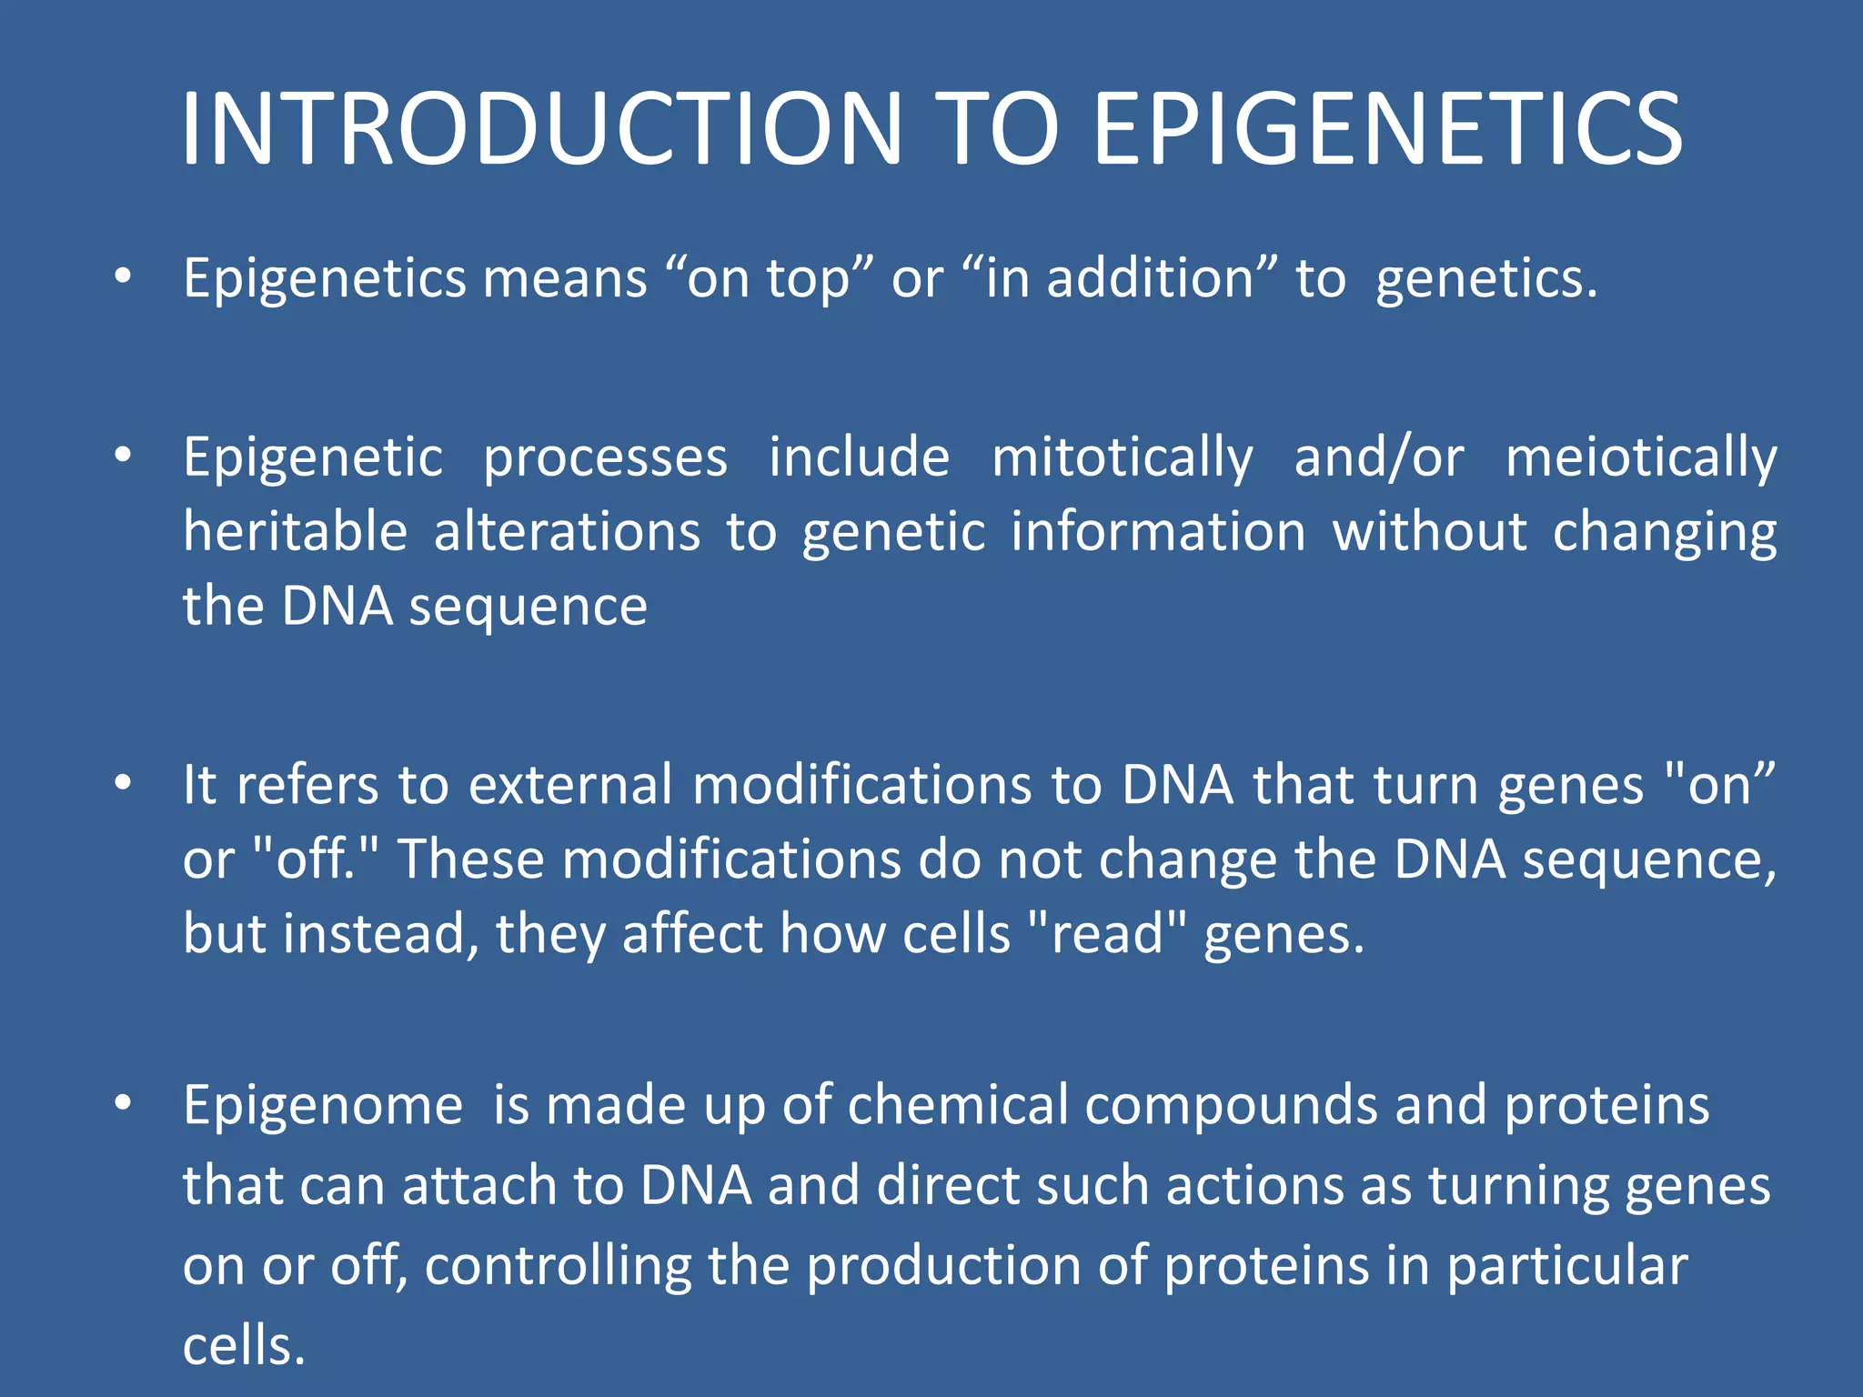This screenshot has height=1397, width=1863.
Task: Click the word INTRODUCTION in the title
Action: click(x=542, y=129)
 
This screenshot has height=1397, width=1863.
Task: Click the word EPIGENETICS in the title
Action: click(x=1387, y=129)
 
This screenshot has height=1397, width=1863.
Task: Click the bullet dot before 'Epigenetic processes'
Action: click(x=124, y=454)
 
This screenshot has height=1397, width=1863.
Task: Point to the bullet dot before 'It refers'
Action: click(x=124, y=781)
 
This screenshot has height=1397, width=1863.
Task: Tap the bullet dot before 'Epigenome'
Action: click(x=124, y=1102)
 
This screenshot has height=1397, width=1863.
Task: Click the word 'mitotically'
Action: click(x=1122, y=457)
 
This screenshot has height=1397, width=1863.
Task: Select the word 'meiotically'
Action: click(x=1640, y=457)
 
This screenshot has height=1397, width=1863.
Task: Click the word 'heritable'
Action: click(x=295, y=531)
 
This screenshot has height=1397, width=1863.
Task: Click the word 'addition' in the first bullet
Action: click(x=1151, y=278)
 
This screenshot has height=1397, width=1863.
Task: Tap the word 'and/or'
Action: click(x=1378, y=457)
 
